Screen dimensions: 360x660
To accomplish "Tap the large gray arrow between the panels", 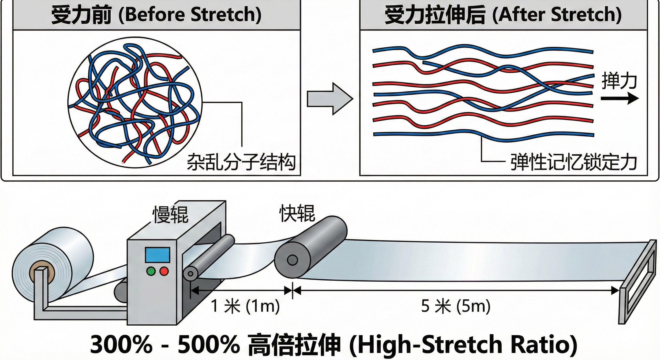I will point(330,99).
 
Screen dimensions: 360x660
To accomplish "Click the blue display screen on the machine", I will point(157,255).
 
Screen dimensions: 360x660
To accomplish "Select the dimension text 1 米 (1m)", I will point(245,306).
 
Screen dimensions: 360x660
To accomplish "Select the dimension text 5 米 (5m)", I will point(456,306).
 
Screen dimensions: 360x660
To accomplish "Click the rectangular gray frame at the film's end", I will point(638,282).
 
